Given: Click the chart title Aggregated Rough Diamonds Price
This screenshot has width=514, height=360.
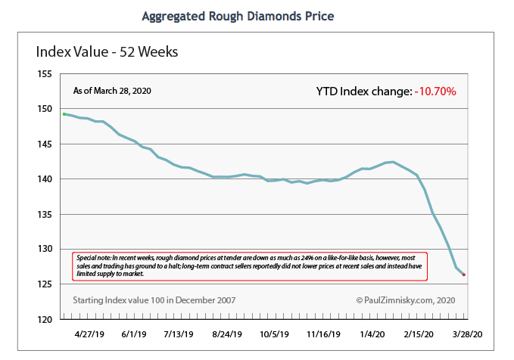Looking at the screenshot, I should tap(238, 16).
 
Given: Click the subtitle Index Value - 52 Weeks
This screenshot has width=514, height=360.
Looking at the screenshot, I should tap(107, 52).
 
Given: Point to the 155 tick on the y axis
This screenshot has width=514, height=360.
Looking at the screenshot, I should tap(45, 74).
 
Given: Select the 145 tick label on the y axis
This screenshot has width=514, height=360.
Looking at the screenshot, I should tap(45, 144).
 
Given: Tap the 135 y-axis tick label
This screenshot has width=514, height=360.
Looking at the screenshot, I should tap(45, 214).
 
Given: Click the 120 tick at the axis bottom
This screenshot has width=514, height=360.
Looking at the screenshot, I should tap(45, 319).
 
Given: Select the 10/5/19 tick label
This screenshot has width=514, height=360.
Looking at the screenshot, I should tap(275, 334).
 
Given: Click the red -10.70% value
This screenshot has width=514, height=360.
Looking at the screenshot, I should tap(435, 92).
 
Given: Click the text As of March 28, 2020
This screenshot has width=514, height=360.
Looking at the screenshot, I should tap(112, 91).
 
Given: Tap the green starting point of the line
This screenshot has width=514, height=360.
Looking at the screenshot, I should tap(65, 114).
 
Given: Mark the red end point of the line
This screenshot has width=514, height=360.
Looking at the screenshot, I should tap(464, 275).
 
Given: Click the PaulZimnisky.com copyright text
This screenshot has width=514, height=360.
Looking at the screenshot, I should tap(407, 300).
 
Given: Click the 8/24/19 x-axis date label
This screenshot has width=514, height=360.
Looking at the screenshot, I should tap(227, 334).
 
